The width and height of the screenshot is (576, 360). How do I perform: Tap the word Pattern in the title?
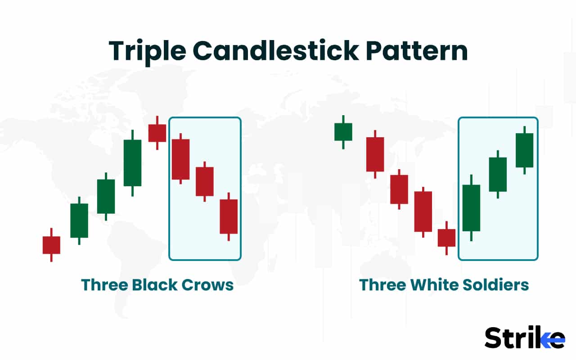(417, 51)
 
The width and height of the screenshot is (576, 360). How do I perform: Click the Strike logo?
(524, 337)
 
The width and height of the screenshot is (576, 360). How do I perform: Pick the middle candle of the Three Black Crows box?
(205, 181)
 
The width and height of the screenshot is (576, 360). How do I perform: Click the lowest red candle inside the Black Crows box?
(229, 216)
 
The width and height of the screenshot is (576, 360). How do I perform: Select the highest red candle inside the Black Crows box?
(180, 159)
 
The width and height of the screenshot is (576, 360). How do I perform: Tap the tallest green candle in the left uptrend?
(132, 162)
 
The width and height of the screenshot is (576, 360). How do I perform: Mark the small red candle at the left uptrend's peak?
(157, 133)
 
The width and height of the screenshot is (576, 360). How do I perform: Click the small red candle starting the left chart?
(51, 245)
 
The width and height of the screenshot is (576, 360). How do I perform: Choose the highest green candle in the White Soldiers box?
(524, 150)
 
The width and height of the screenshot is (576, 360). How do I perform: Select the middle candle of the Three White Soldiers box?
(498, 174)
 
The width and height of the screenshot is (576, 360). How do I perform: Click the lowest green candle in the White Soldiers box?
(471, 208)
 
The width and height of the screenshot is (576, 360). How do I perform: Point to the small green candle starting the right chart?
(343, 132)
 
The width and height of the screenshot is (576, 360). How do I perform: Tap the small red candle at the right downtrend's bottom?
(446, 238)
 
